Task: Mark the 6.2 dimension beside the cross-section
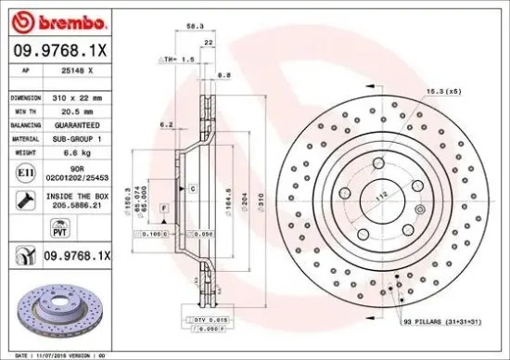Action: (x=168, y=123)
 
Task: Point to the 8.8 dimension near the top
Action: (x=223, y=74)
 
